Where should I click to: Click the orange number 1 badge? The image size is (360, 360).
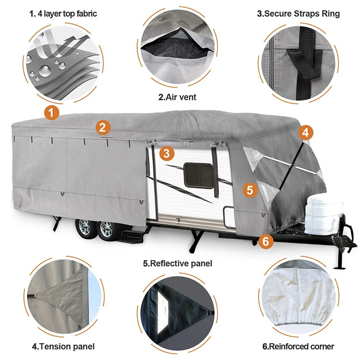(x=52, y=113)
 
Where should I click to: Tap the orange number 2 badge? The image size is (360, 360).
(x=103, y=127)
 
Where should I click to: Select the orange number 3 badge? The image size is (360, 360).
(x=166, y=153)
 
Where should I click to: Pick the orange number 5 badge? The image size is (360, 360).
(x=249, y=190)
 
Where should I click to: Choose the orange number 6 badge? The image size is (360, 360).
(x=266, y=240)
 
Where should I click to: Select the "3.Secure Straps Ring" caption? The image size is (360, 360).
(x=299, y=13)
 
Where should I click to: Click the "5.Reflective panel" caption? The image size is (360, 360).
(x=178, y=264)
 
